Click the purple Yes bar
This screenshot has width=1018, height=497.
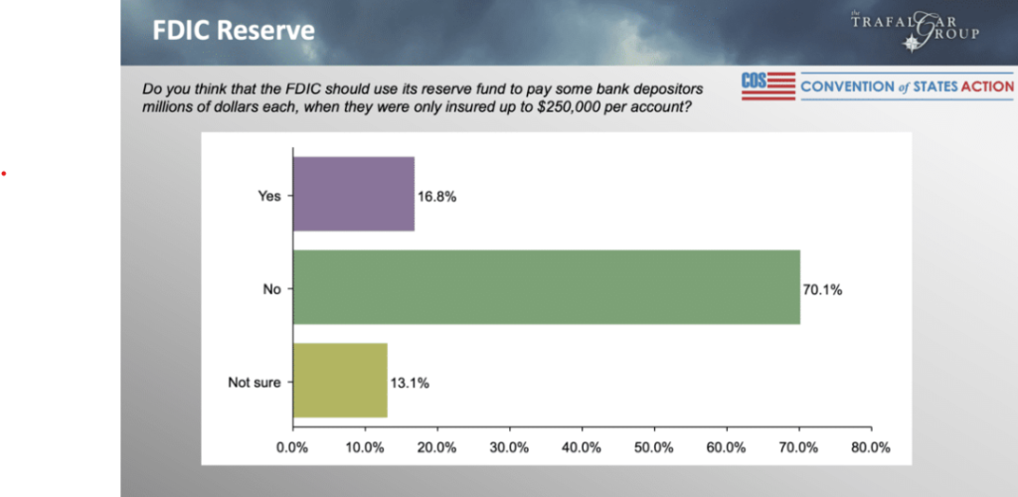click(x=353, y=195)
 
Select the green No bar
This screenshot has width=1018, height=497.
click(x=546, y=287)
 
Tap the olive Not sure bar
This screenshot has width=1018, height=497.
click(x=340, y=381)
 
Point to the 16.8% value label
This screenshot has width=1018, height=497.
click(x=437, y=197)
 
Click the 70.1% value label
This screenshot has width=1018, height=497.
click(x=822, y=290)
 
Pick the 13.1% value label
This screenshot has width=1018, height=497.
click(x=410, y=383)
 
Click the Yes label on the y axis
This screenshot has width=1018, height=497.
click(x=269, y=197)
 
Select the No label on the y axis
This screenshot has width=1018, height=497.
click(x=271, y=290)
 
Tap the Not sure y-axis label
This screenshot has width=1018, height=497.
click(x=255, y=383)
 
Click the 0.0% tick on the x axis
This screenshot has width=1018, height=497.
click(x=293, y=447)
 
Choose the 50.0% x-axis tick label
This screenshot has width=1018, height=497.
click(x=654, y=447)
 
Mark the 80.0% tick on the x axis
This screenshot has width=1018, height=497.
click(x=871, y=447)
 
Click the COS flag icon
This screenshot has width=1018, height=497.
click(x=767, y=86)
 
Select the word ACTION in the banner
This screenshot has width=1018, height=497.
click(x=987, y=87)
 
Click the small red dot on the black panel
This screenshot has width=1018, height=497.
click(x=4, y=174)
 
